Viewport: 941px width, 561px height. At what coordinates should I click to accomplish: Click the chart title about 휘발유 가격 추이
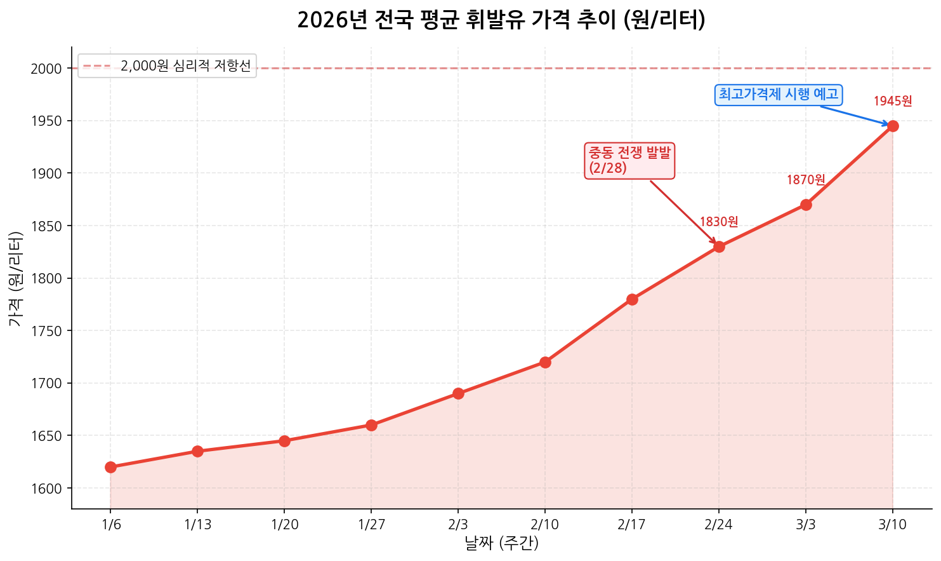(x=501, y=20)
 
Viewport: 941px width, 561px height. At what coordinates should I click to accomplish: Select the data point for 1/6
(x=110, y=467)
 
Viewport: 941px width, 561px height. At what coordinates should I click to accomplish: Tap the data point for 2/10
(x=545, y=362)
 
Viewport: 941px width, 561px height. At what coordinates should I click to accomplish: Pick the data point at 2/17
(x=632, y=299)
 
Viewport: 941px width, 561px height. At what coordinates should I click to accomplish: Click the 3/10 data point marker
(x=893, y=126)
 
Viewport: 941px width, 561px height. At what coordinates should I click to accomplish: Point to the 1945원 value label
(x=893, y=101)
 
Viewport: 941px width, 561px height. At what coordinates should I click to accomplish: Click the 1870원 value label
(x=806, y=180)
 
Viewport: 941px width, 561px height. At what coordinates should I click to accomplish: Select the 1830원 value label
(x=719, y=222)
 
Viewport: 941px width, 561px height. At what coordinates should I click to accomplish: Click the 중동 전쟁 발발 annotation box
(x=629, y=160)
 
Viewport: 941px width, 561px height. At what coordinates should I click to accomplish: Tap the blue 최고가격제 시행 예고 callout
(x=779, y=95)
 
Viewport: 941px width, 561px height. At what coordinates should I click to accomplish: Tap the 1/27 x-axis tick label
(x=371, y=525)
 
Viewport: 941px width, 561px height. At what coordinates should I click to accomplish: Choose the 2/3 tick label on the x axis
(x=458, y=525)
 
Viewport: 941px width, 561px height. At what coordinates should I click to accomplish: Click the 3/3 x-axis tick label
(x=806, y=525)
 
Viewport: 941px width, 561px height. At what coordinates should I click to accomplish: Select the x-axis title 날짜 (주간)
(x=501, y=544)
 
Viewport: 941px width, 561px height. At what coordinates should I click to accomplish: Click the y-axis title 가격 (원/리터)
(x=16, y=278)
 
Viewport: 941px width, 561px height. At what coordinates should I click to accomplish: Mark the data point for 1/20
(x=284, y=441)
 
